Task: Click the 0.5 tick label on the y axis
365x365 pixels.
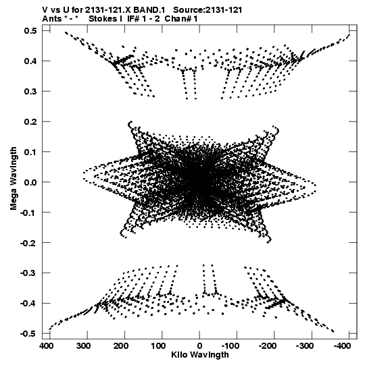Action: pyautogui.click(x=30, y=31)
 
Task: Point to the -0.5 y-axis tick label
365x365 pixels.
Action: pyautogui.click(x=28, y=333)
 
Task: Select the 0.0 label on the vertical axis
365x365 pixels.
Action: pyautogui.click(x=30, y=182)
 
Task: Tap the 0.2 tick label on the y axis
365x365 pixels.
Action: pyautogui.click(x=30, y=121)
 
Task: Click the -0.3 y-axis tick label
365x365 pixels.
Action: pyautogui.click(x=28, y=273)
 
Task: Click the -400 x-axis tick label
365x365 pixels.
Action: pyautogui.click(x=342, y=346)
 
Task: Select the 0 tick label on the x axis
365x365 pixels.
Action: pyautogui.click(x=199, y=346)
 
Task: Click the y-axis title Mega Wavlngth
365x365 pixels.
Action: pyautogui.click(x=14, y=179)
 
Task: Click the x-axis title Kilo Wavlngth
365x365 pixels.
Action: pyautogui.click(x=200, y=355)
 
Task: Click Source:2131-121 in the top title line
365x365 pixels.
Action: pyautogui.click(x=208, y=10)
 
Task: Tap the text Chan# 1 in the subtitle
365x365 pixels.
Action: pyautogui.click(x=181, y=19)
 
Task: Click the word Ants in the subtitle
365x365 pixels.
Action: pyautogui.click(x=52, y=19)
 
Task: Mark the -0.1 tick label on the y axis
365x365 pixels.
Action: pyautogui.click(x=28, y=213)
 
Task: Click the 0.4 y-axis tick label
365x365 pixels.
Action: pyautogui.click(x=30, y=61)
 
